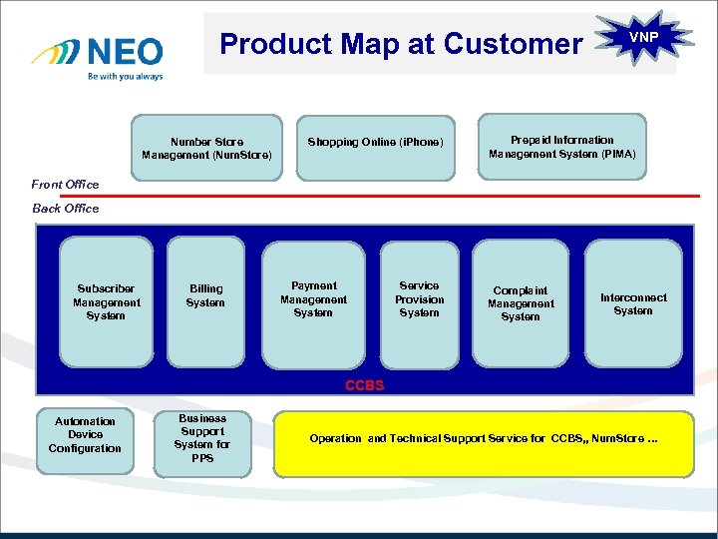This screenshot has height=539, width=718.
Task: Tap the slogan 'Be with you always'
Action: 125,76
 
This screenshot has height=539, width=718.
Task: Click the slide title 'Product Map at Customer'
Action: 400,44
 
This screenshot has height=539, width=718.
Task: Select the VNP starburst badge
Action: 644,37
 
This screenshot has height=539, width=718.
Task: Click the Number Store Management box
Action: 206,149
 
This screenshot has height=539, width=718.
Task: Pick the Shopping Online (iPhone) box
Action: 374,143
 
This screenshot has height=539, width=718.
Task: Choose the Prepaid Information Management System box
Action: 561,147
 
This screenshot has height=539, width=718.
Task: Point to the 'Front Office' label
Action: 65,184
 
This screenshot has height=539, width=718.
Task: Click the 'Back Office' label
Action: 66,209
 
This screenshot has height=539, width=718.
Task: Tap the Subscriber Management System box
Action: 107,302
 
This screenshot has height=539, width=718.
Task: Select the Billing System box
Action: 205,302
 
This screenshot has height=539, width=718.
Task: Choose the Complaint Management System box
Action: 521,303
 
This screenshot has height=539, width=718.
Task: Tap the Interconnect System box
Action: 633,303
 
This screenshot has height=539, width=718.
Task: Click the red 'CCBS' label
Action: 364,385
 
